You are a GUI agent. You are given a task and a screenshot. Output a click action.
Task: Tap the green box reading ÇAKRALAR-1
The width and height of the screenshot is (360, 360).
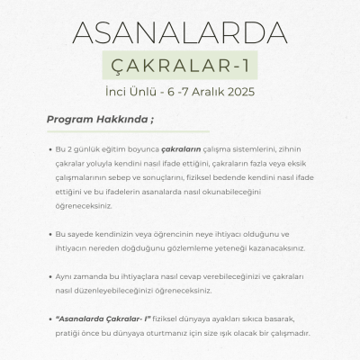pos(180,67)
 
